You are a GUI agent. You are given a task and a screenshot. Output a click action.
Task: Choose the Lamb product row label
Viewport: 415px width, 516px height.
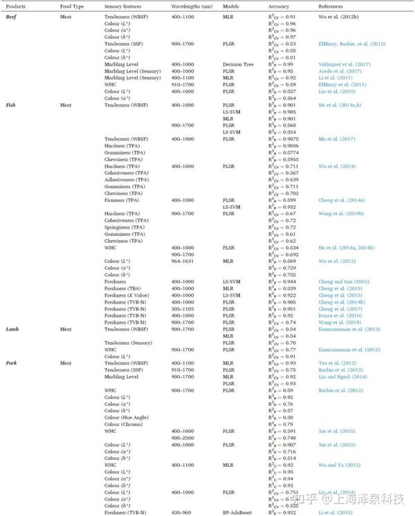coord(12,330)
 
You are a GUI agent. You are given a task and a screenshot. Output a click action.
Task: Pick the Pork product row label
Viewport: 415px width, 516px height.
coord(12,362)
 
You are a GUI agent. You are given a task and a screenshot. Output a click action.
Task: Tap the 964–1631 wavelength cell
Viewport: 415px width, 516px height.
coord(182,260)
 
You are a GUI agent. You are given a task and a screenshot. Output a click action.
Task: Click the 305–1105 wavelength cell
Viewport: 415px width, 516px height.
coord(182,308)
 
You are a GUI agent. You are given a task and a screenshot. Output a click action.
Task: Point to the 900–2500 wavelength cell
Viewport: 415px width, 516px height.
coord(182,438)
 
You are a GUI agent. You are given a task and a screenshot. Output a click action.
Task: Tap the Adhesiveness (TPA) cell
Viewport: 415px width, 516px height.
coord(127,179)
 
